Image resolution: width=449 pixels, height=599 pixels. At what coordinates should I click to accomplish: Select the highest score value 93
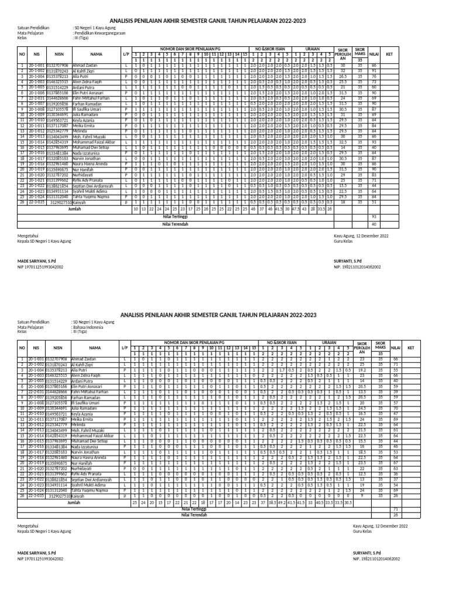tap(374, 216)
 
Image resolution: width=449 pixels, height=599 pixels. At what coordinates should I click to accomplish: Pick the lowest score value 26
tap(395, 515)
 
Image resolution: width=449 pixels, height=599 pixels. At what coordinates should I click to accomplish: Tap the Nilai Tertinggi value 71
tap(395, 510)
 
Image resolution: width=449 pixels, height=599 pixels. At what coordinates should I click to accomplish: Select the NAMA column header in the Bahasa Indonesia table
tap(95, 347)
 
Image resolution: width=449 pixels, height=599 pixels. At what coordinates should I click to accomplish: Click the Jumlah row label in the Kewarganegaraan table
tap(74, 208)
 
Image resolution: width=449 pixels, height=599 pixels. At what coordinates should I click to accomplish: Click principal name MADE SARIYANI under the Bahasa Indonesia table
tap(37, 553)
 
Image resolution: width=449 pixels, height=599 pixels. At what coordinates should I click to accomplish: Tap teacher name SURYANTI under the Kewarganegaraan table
tap(349, 259)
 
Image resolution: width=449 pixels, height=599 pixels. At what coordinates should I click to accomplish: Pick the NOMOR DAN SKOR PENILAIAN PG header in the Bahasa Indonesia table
tap(195, 340)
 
